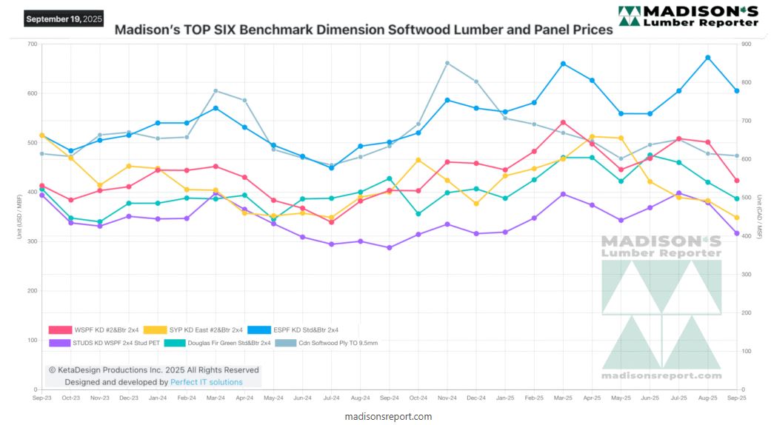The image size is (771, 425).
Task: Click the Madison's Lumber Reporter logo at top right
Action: pos(688,16)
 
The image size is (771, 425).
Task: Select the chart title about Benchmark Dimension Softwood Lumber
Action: pos(364,30)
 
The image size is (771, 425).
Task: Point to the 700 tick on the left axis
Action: pos(32,44)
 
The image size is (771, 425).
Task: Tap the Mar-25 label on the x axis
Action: pos(563,398)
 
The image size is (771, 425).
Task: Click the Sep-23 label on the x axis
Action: pos(42,398)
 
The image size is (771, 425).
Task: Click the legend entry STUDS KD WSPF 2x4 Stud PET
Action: pos(104,343)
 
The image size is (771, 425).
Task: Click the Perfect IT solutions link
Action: pos(206,382)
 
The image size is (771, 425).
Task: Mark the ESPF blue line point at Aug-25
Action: pos(708,58)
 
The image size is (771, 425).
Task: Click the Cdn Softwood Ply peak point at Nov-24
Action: pos(447,63)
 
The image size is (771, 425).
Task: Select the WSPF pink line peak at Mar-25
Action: pos(563,122)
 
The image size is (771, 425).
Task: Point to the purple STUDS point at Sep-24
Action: pos(390,247)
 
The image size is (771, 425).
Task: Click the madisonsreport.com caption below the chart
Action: pos(388,416)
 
